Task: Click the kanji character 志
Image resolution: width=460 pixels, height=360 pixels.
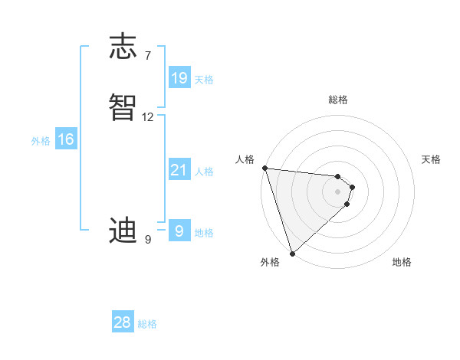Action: point(123,47)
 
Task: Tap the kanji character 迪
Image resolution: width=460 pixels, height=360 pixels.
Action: point(123,231)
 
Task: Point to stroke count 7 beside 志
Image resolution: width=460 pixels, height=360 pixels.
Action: point(147,55)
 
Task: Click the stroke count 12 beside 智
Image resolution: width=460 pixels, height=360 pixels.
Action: point(148,117)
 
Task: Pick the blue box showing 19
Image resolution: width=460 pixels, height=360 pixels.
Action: point(179,77)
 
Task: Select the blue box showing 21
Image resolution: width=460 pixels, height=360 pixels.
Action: point(179,170)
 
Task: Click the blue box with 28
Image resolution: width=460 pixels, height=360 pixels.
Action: point(123,322)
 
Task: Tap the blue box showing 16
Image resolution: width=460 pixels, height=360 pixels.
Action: point(66,139)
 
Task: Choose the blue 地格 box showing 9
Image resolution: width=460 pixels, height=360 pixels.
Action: point(179,231)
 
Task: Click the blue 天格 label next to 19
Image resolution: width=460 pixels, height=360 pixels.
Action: point(204,79)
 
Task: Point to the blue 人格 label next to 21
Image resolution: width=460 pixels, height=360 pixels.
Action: point(205,172)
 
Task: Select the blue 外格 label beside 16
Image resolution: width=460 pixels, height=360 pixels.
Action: point(41,141)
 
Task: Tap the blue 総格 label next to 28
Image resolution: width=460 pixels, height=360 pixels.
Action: point(147,324)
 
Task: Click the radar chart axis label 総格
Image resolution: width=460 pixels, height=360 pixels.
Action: point(338,100)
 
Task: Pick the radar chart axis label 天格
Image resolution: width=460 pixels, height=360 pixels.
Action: point(432,159)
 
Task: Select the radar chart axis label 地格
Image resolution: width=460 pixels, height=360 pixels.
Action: point(402,262)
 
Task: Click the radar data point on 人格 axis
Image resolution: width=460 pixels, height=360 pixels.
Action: point(264,168)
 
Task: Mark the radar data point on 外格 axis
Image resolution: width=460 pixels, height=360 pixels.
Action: point(292,253)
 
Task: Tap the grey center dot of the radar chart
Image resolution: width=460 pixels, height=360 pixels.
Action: point(337,191)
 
